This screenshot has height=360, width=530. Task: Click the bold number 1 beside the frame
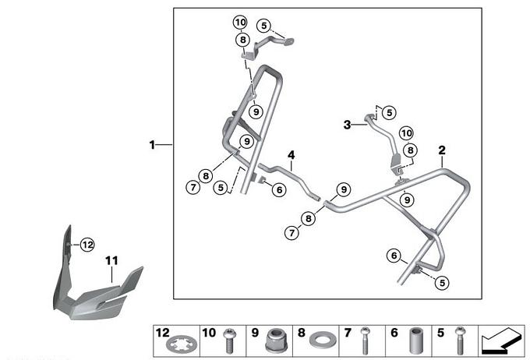point(154,144)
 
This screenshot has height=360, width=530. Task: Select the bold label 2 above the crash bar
point(441,150)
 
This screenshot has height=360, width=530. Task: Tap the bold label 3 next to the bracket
point(348,124)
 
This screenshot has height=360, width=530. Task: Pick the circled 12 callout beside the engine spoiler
point(87,245)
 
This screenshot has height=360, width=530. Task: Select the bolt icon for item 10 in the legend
point(230,340)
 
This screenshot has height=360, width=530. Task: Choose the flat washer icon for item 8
point(321,341)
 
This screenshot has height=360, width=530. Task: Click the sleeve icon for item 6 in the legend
point(414,340)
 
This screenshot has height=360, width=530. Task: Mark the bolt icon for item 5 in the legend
point(459,340)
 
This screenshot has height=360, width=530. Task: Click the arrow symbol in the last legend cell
point(503,340)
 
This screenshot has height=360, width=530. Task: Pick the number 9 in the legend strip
point(254,333)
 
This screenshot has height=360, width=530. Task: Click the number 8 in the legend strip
point(300,333)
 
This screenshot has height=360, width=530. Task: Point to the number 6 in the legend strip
point(393,333)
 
